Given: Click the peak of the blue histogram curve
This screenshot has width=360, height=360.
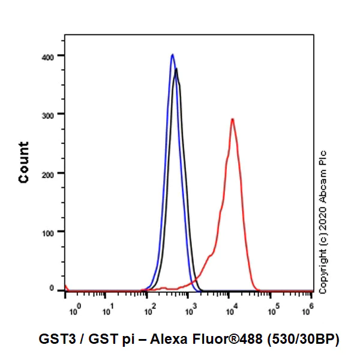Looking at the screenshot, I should [172, 55].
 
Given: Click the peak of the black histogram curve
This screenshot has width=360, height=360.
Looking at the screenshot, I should [176, 69].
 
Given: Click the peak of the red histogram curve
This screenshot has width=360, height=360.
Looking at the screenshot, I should [232, 119].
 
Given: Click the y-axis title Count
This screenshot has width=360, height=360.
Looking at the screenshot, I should [24, 162].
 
